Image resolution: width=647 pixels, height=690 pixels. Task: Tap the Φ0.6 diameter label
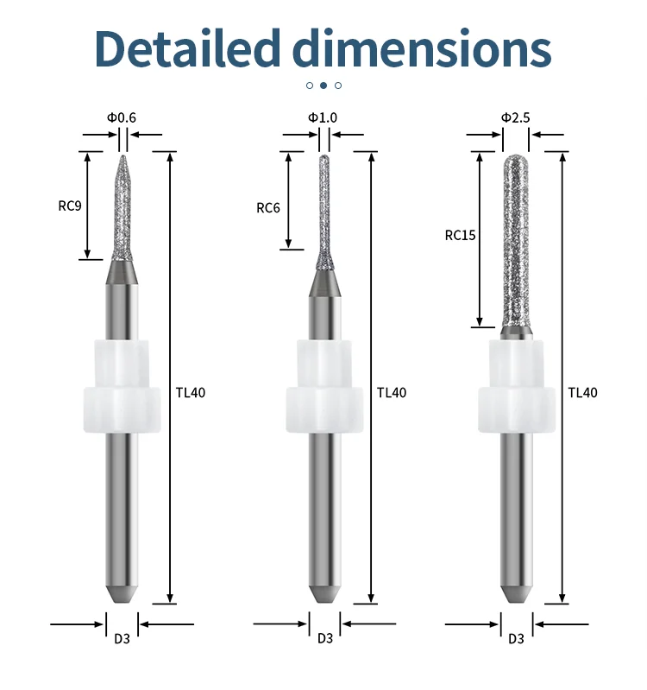(x=122, y=117)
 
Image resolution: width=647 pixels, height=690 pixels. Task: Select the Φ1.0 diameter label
(x=323, y=117)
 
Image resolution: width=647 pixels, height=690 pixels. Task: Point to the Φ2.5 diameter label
(x=515, y=117)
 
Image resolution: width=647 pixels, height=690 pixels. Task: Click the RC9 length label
(x=70, y=206)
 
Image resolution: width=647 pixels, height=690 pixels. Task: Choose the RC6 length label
(x=268, y=207)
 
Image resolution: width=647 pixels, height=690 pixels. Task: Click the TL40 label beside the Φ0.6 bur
(x=191, y=392)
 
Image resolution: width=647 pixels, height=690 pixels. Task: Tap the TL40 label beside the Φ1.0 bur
(x=392, y=392)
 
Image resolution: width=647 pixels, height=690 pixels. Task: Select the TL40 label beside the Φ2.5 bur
(x=583, y=392)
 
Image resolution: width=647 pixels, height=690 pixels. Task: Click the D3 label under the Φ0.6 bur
(x=122, y=638)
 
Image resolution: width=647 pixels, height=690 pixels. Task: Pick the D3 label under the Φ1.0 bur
(x=324, y=638)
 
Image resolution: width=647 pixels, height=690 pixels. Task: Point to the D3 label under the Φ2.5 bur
(x=516, y=638)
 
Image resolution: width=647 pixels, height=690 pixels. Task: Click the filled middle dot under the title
(x=323, y=85)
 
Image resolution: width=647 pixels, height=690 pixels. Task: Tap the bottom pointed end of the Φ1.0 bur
(x=324, y=596)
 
